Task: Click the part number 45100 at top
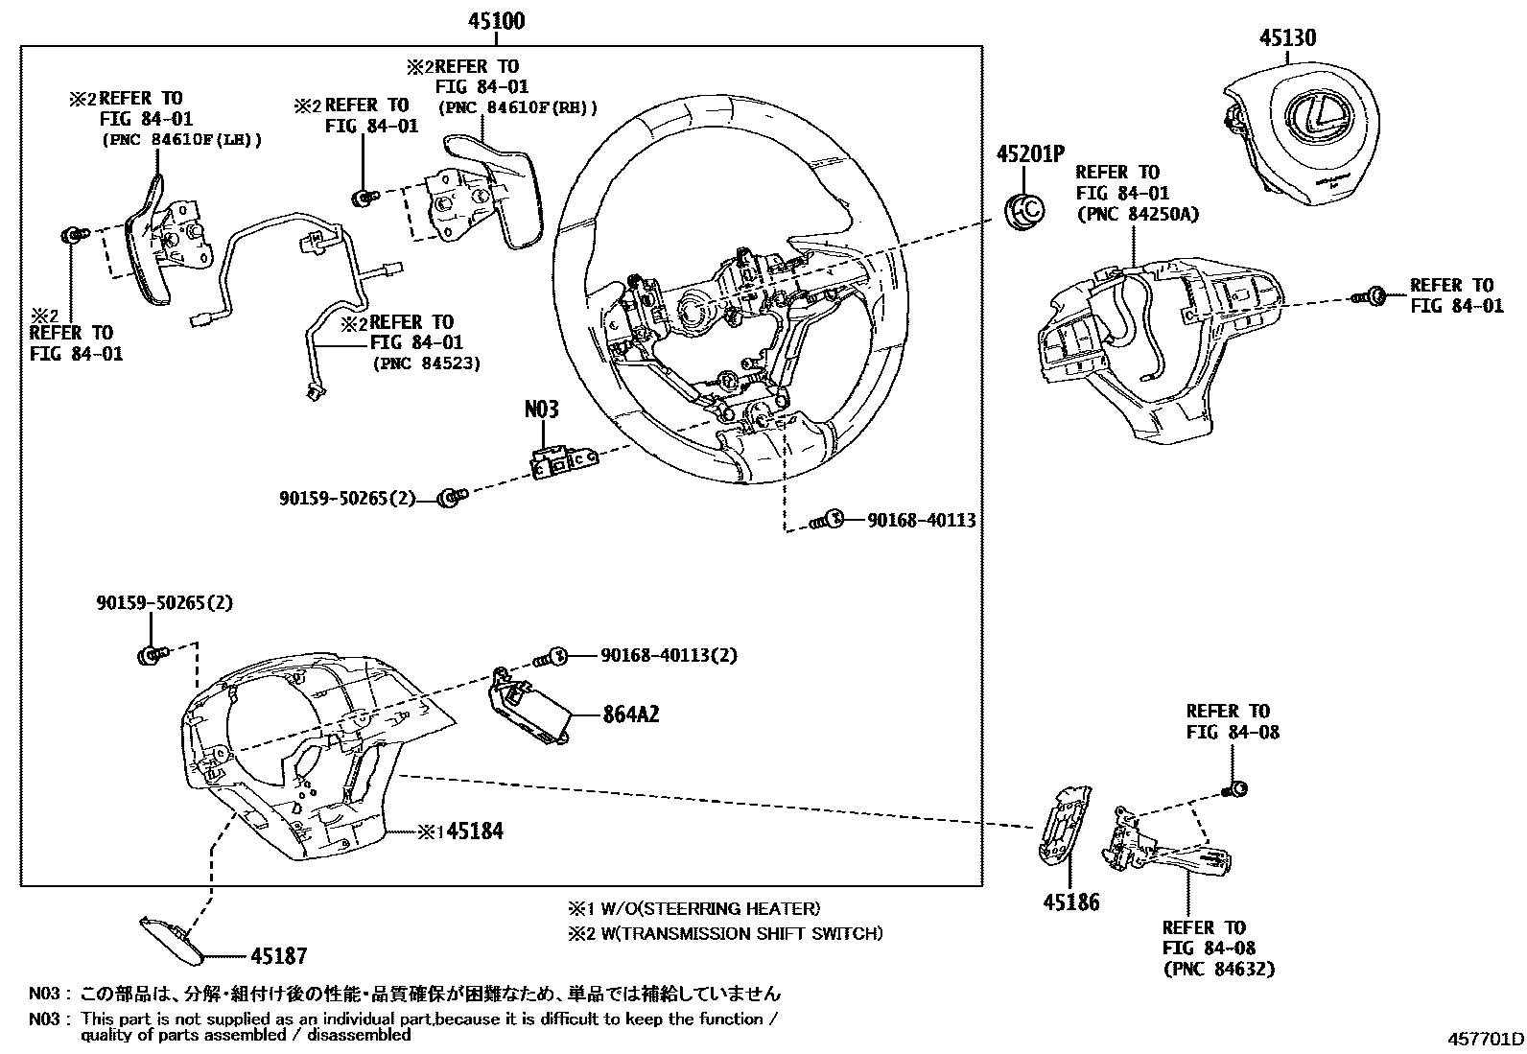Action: click(x=496, y=21)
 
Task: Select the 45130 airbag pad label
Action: click(x=1287, y=37)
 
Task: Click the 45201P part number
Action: click(x=1030, y=154)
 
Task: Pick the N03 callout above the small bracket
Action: click(x=541, y=410)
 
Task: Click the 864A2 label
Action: click(x=631, y=714)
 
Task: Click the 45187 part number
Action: click(x=278, y=955)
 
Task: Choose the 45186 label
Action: click(x=1071, y=902)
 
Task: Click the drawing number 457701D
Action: click(x=1485, y=1040)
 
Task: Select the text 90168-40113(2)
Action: click(x=669, y=655)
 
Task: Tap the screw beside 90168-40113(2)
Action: click(x=553, y=657)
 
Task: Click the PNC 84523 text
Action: click(x=425, y=363)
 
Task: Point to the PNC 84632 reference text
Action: click(x=1218, y=969)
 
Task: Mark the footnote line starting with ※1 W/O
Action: click(x=693, y=908)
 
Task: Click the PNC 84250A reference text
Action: click(x=1138, y=214)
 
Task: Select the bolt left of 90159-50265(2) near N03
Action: click(x=449, y=497)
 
